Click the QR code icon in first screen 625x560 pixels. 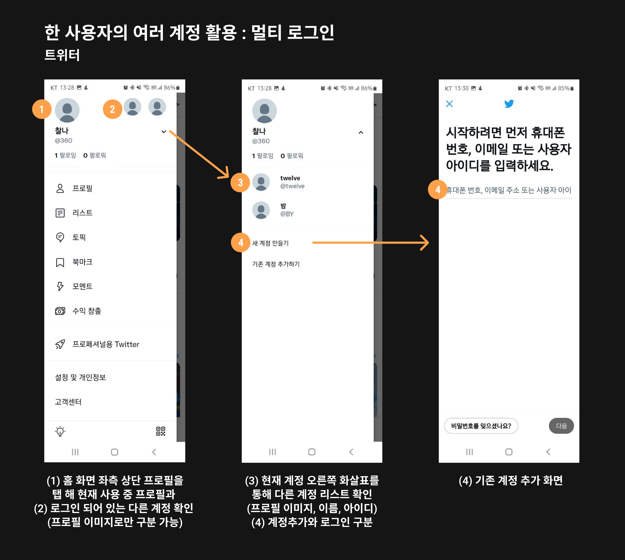(x=161, y=431)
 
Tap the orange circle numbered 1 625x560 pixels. (x=42, y=109)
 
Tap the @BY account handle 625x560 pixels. (x=287, y=214)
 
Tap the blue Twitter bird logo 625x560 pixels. (x=509, y=104)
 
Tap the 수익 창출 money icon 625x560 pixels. (x=60, y=311)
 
